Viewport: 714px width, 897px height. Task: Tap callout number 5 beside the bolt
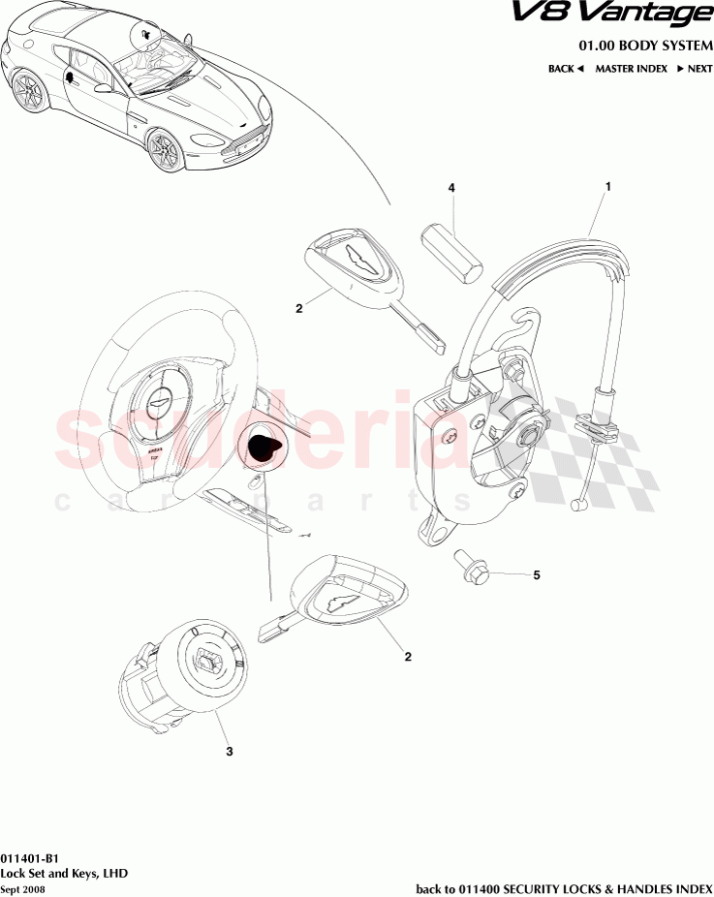(x=536, y=575)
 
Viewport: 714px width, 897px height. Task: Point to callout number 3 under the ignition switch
(x=229, y=751)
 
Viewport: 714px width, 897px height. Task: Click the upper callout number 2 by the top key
(x=299, y=309)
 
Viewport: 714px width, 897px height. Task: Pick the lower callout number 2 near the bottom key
(x=408, y=657)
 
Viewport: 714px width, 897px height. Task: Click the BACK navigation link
(x=565, y=69)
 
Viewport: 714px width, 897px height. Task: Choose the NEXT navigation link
(x=695, y=69)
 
